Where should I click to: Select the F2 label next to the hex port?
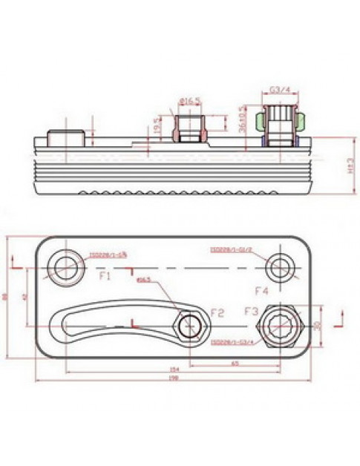(x=217, y=312)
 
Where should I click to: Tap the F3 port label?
(x=252, y=311)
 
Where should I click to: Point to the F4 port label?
(x=261, y=289)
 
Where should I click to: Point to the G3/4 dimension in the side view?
(x=279, y=90)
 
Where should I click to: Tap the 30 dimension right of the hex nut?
(x=318, y=325)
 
